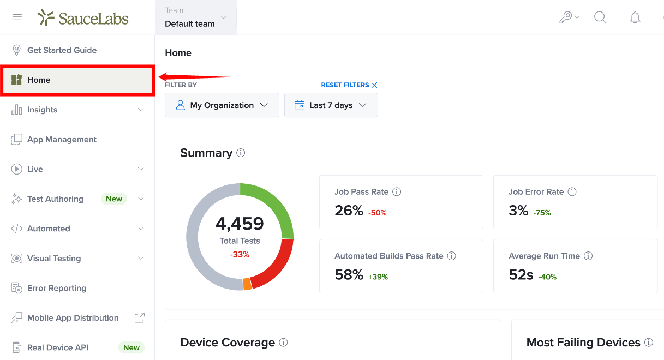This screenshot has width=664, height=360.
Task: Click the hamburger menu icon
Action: click(17, 17)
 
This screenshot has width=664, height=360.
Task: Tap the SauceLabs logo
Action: click(83, 18)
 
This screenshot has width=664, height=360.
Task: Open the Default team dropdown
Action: click(196, 17)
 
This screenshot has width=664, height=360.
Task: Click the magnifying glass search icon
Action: click(600, 17)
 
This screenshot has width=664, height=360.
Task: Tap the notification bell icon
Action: click(635, 17)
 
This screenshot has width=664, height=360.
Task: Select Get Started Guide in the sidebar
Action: click(62, 50)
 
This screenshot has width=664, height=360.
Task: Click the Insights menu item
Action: click(42, 110)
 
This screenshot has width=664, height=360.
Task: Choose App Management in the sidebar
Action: click(62, 139)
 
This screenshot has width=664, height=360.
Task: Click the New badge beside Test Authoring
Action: click(114, 199)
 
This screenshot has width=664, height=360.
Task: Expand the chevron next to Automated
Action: click(141, 229)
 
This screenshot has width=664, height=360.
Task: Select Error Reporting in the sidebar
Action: click(57, 288)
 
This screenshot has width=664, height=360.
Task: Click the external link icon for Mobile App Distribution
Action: click(140, 317)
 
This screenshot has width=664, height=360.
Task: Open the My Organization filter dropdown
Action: click(222, 105)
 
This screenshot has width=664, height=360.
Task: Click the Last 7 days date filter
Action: click(331, 105)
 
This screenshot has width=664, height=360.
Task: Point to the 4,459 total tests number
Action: click(240, 224)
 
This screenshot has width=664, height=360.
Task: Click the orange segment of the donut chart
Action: click(247, 284)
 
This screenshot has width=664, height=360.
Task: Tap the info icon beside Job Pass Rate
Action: click(397, 191)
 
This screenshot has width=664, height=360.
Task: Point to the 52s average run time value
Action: click(521, 275)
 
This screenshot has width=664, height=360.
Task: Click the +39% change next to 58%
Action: click(378, 277)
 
